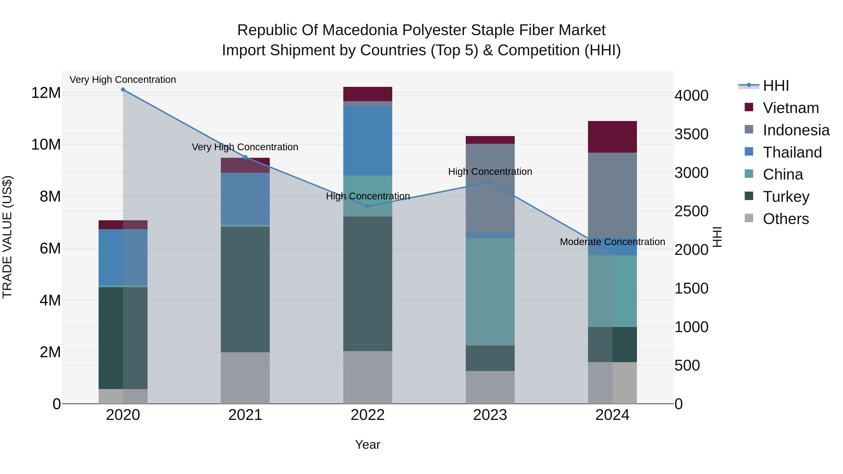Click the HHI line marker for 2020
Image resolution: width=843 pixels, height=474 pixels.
[x=123, y=90]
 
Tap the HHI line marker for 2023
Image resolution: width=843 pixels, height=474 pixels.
[x=490, y=182]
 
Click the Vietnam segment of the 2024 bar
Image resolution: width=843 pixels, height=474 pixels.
[x=612, y=137]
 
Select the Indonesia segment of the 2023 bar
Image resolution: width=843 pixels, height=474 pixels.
[x=490, y=188]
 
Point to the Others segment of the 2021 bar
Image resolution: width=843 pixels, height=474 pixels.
[x=245, y=378]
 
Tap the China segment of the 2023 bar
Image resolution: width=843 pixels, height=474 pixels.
[x=490, y=292]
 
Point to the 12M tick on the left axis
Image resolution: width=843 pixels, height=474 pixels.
[x=46, y=93]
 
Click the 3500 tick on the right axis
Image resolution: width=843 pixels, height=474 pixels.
[x=691, y=134]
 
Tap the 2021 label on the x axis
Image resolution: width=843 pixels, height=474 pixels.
[x=245, y=415]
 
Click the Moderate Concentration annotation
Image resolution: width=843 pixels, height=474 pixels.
[x=612, y=242]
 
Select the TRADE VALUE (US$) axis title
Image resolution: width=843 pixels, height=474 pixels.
[x=7, y=237]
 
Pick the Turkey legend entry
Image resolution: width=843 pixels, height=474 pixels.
[x=786, y=197]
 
